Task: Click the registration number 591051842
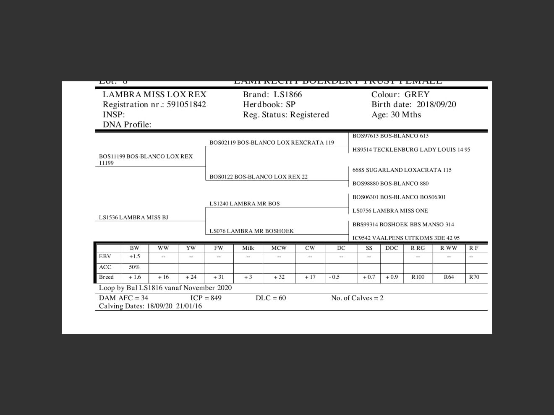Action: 186,105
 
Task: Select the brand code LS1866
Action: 287,95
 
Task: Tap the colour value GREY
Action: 417,95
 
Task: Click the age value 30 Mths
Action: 405,115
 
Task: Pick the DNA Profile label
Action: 127,124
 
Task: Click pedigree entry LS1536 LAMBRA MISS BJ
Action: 133,218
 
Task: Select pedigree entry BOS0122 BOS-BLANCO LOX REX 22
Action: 259,177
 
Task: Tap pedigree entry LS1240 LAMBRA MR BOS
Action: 245,204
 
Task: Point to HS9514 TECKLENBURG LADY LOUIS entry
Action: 411,150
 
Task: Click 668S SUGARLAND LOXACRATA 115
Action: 402,170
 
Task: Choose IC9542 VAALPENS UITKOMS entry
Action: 406,238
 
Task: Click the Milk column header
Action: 248,248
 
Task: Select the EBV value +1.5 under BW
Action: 134,257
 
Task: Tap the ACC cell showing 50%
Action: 134,267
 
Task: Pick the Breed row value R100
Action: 418,277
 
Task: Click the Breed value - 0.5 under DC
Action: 334,277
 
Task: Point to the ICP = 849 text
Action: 206,298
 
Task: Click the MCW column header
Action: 279,248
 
